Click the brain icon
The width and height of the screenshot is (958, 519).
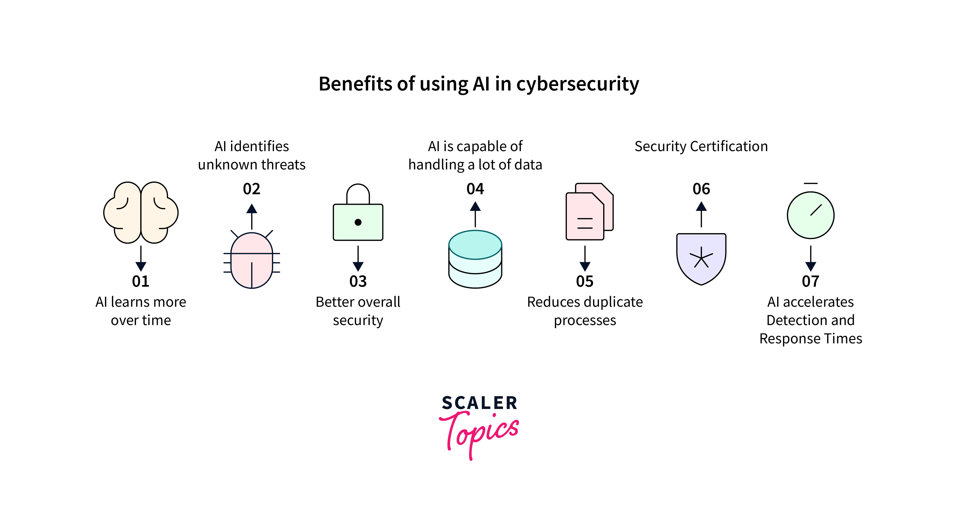tap(141, 212)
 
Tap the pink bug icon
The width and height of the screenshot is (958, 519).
tap(252, 260)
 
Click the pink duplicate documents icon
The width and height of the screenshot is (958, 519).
tap(589, 212)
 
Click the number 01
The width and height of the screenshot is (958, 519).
tap(141, 281)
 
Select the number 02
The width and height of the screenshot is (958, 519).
tap(251, 189)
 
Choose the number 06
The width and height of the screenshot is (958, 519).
tap(701, 189)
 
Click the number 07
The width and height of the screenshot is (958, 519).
tap(810, 281)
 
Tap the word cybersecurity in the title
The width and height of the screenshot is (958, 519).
tap(578, 84)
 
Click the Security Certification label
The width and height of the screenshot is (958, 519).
tap(701, 146)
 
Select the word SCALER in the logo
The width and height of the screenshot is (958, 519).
tap(479, 403)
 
